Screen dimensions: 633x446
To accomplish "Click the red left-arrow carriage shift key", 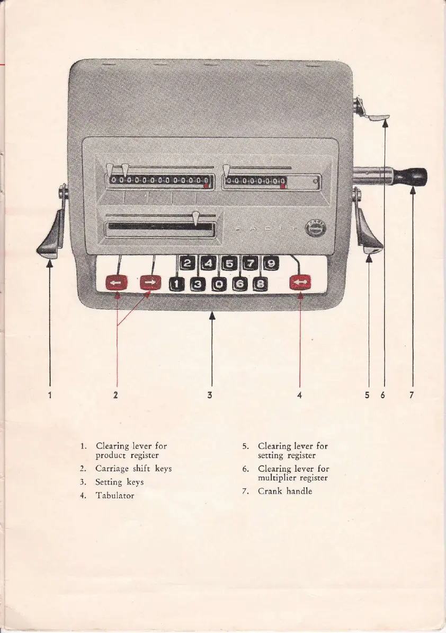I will (x=117, y=284).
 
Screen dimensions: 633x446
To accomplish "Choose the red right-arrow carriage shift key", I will (x=150, y=284).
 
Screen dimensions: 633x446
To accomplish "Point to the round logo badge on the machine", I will (x=316, y=229).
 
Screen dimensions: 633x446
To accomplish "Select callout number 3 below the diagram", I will (x=210, y=394).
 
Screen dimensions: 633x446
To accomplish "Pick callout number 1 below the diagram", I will (x=50, y=394).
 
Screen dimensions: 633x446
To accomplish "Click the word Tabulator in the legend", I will (x=115, y=496).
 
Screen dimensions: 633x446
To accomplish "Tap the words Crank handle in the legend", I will (x=285, y=491).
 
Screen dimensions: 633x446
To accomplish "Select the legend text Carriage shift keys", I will (x=133, y=469).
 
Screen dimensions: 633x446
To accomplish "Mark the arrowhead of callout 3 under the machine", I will (x=212, y=316).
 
